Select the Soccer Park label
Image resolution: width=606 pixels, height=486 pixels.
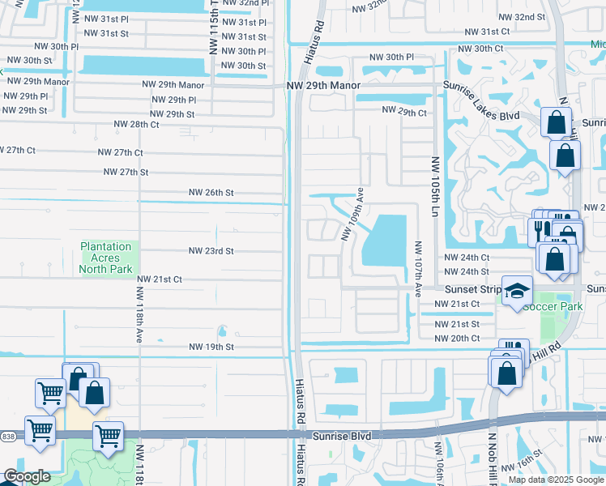(x=541, y=307)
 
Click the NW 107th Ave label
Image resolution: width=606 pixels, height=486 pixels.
(x=418, y=268)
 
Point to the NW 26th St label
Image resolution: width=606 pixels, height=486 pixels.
(x=211, y=193)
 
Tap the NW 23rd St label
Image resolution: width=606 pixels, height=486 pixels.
(x=211, y=251)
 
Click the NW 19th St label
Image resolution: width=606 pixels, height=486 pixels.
(x=211, y=347)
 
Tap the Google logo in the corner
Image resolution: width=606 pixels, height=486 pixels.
(x=27, y=476)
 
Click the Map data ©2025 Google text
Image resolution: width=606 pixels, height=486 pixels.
(x=556, y=480)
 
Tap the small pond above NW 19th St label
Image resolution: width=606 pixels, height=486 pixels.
(x=222, y=330)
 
